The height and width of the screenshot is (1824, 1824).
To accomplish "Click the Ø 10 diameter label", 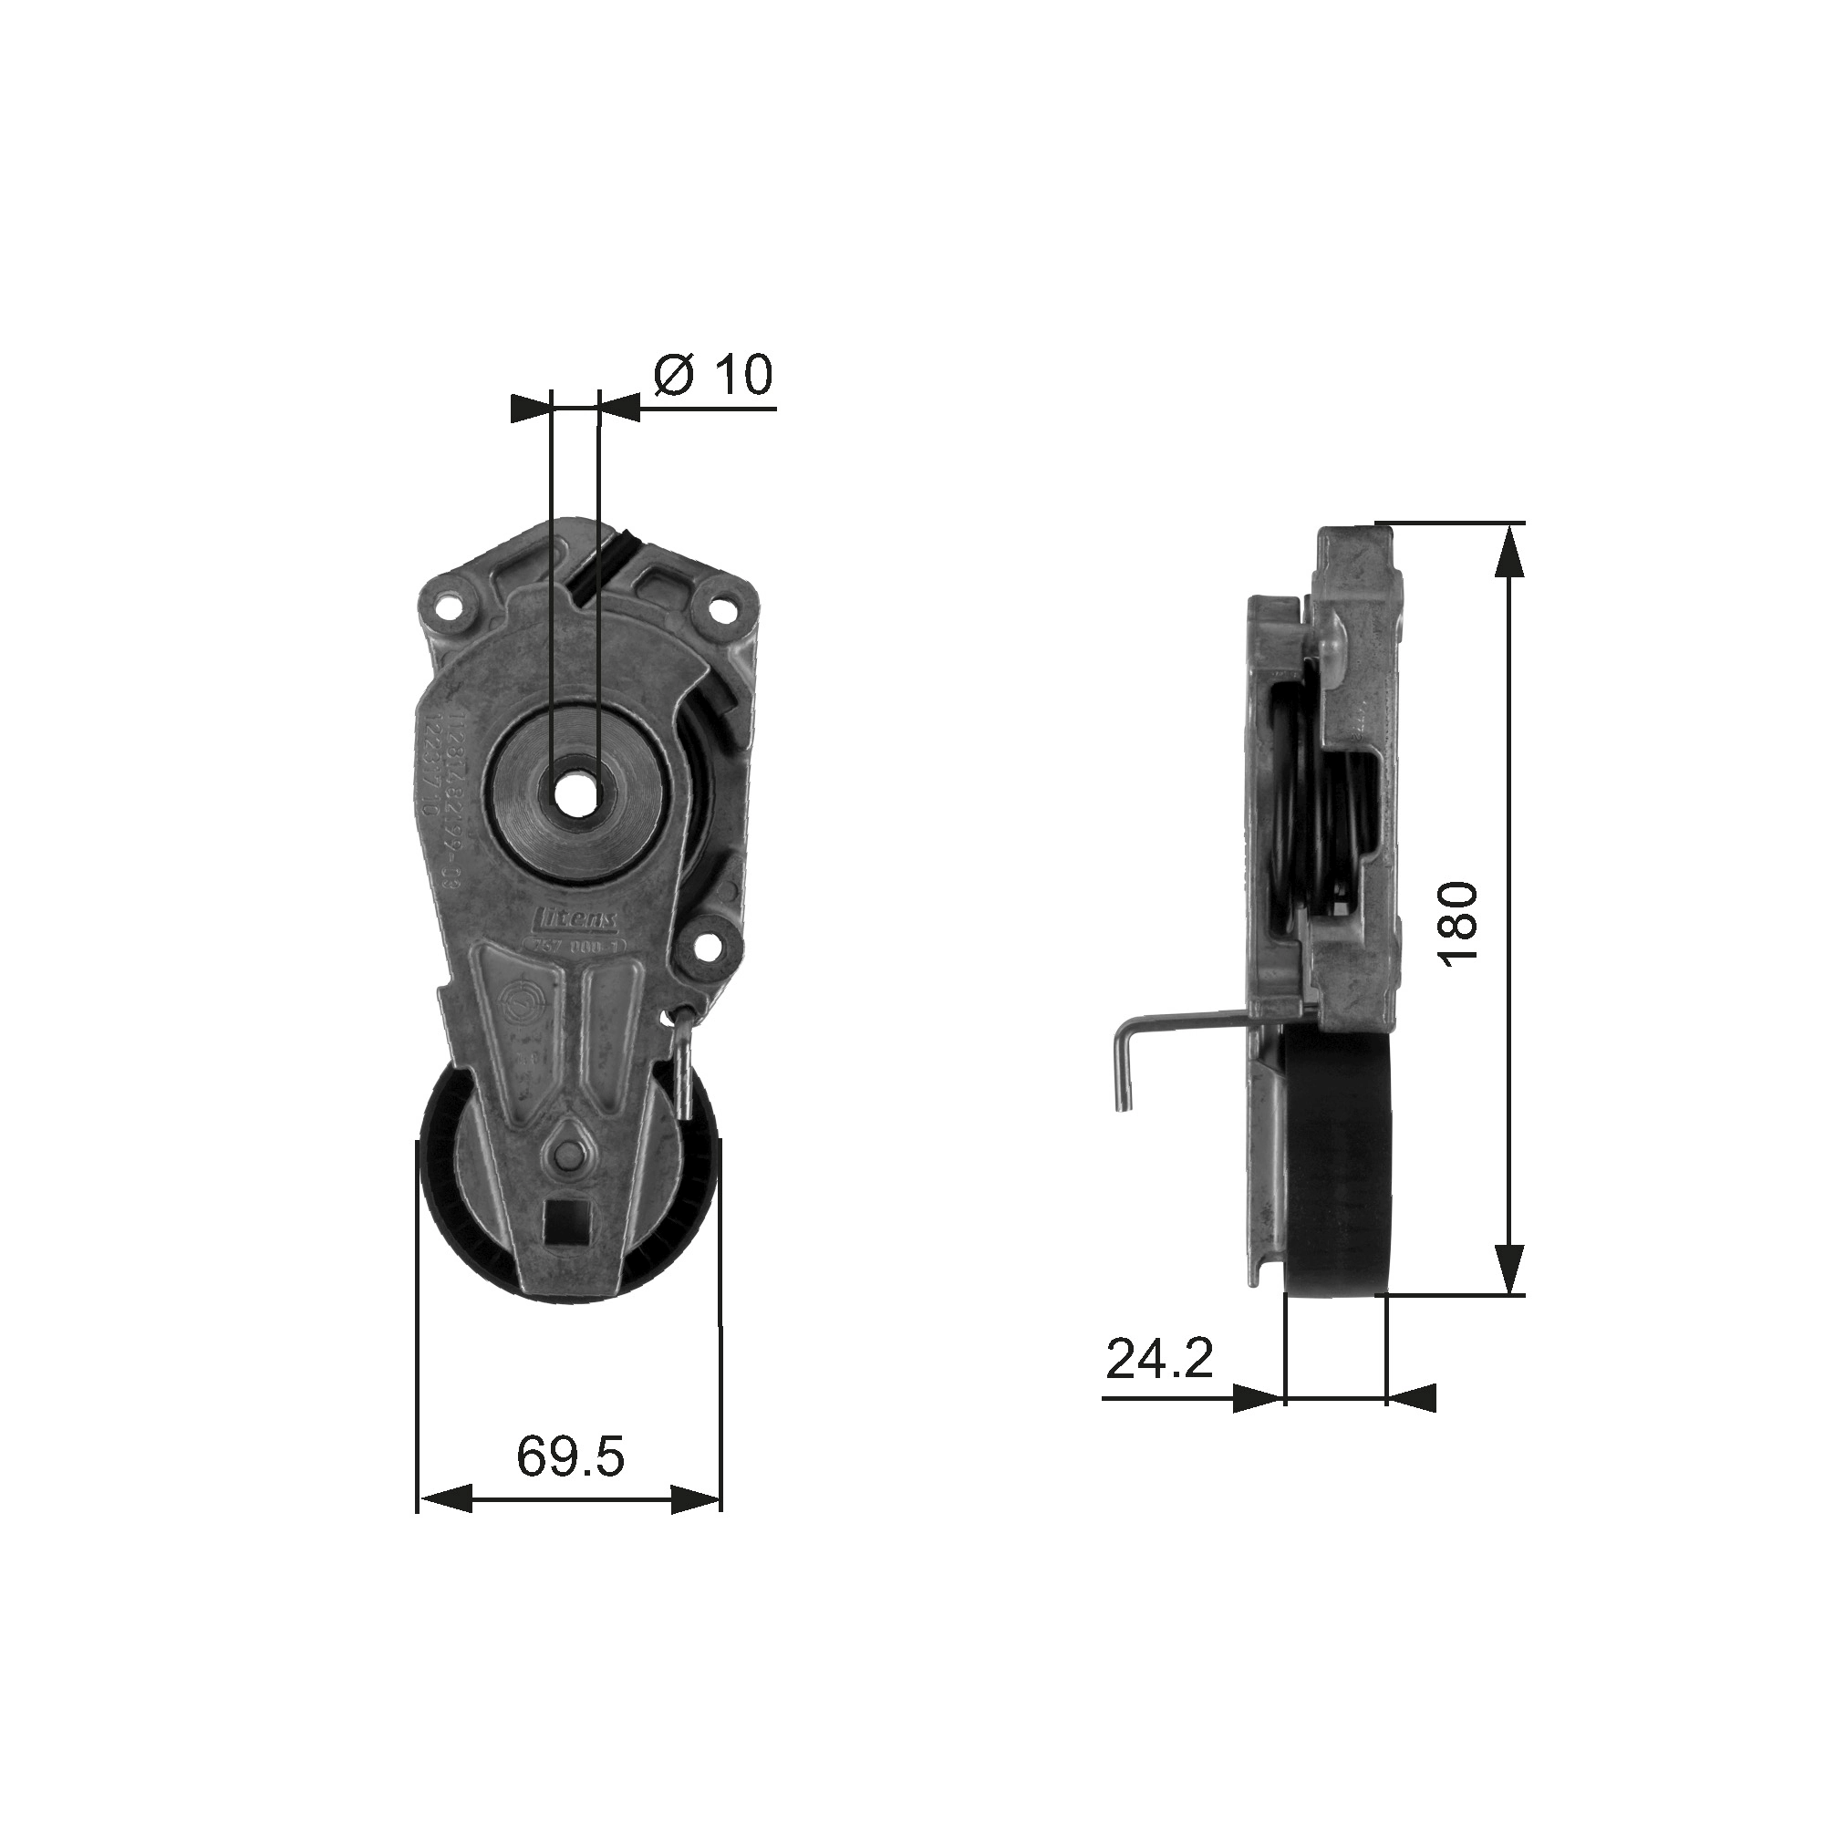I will pos(714,376).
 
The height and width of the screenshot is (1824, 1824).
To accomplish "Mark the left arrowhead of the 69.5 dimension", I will pos(446,1526).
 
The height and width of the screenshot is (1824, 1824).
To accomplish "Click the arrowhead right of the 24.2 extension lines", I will pos(1412,1425).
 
